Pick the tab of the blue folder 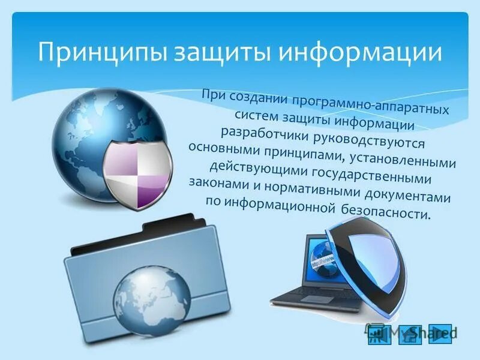coord(180,230)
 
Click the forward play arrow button coord(440,333)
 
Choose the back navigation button coord(379,334)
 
